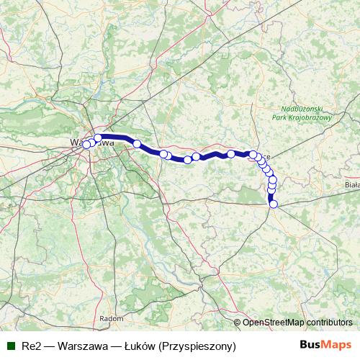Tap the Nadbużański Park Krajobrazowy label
tap(302, 112)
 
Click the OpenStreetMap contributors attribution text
tap(297, 322)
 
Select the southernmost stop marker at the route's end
tap(274, 204)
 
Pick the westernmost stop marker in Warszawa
tap(86, 145)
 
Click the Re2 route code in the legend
tap(31, 346)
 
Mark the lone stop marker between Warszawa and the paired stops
tap(137, 144)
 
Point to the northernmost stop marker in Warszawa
tap(98, 138)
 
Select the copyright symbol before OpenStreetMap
tap(238, 322)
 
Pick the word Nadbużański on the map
tap(302, 107)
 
